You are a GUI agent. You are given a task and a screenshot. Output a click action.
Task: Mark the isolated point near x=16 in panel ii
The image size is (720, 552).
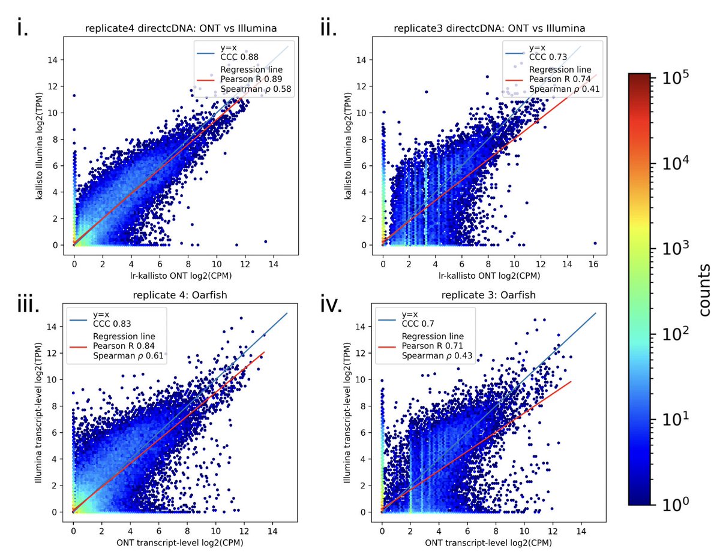coord(595,243)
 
